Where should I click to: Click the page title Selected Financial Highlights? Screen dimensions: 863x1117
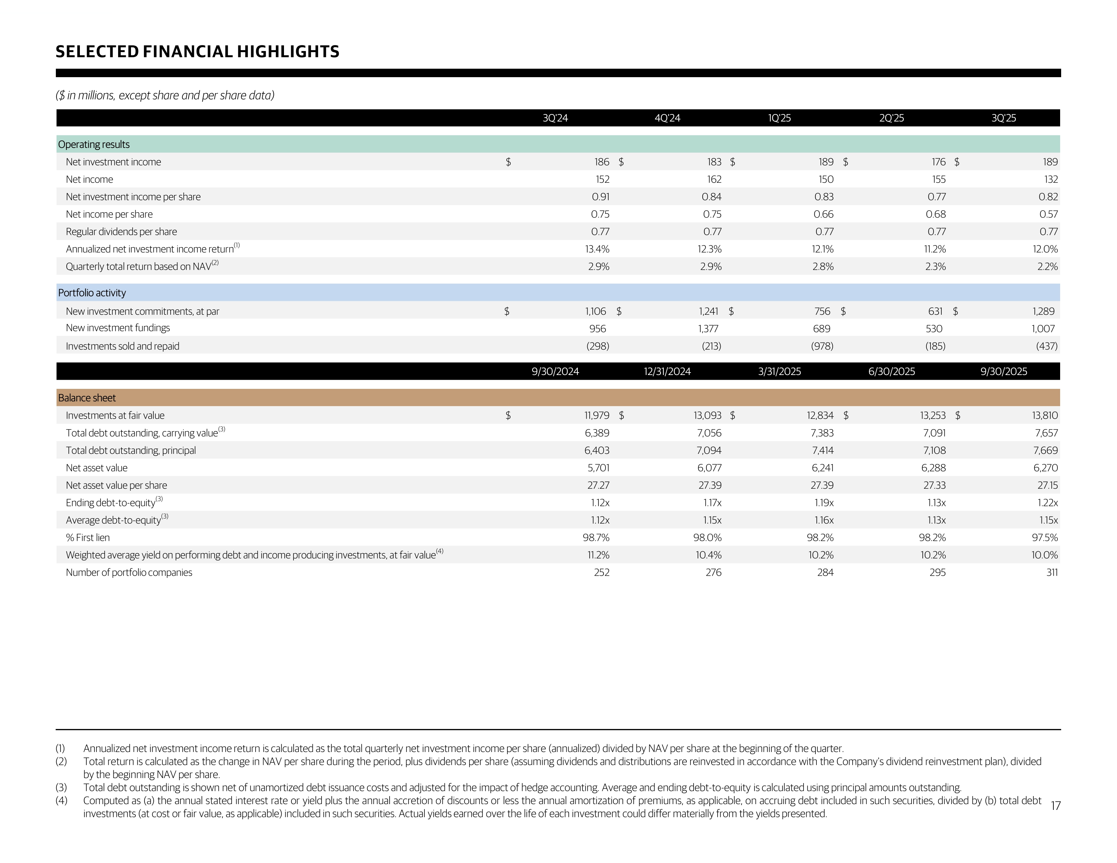(x=197, y=52)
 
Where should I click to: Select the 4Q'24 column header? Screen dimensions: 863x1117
(x=667, y=118)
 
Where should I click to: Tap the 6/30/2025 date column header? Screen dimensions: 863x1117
(x=892, y=372)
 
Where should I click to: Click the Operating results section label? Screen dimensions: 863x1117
(x=94, y=145)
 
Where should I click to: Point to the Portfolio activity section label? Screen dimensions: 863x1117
(x=92, y=293)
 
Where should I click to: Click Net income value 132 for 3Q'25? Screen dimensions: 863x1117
(x=1051, y=179)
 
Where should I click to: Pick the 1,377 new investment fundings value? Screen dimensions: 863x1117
(x=708, y=329)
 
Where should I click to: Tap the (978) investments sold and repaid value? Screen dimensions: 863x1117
(x=822, y=346)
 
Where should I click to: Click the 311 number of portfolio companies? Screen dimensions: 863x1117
(x=1052, y=573)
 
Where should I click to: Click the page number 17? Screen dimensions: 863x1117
(x=1055, y=806)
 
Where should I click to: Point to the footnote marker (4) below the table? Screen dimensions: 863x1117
(x=61, y=801)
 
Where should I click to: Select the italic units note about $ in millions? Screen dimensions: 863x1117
(x=165, y=95)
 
